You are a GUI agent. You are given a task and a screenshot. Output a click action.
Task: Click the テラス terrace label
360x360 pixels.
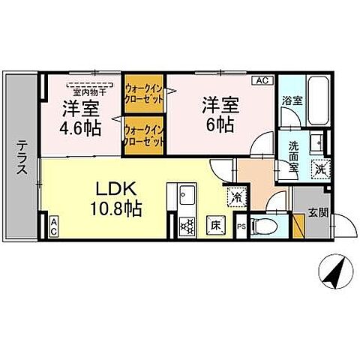[x=22, y=157]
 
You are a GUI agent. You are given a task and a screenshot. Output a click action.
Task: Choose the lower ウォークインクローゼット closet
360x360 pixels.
[x=143, y=135]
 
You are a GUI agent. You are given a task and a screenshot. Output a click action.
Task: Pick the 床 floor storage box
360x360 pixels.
[x=214, y=224]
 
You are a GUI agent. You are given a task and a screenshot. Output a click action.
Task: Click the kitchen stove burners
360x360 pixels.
[x=187, y=224]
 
